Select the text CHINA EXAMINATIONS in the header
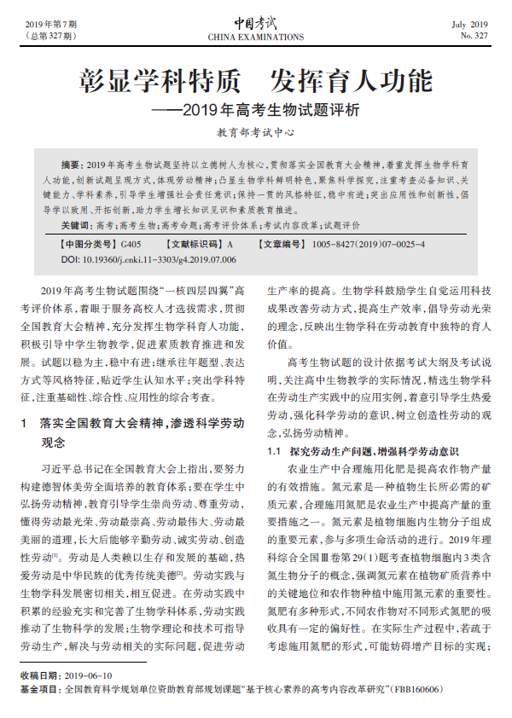tap(255, 38)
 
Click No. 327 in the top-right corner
tap(474, 37)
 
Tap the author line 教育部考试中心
tap(255, 133)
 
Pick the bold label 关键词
tap(76, 226)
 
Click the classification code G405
tap(132, 244)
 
